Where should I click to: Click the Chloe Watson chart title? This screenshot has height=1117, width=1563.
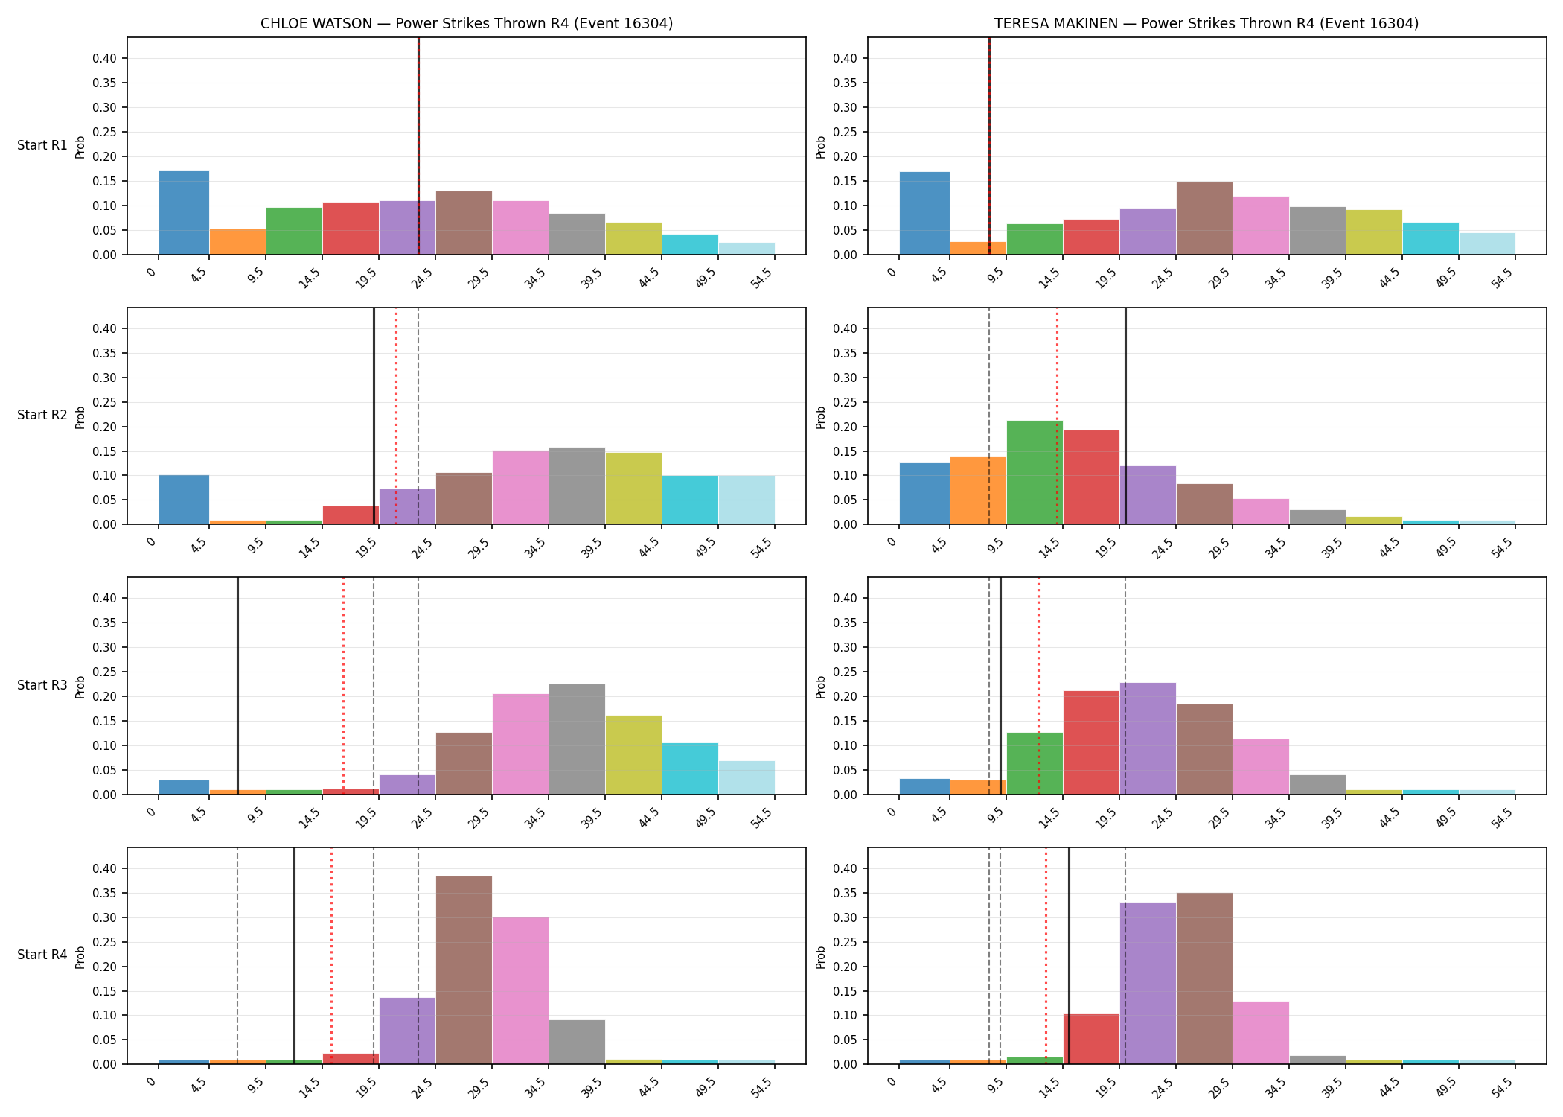click(467, 23)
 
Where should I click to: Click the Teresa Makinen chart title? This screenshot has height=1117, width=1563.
click(1206, 23)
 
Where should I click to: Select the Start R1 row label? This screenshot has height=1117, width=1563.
click(42, 145)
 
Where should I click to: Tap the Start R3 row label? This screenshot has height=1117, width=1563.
click(42, 685)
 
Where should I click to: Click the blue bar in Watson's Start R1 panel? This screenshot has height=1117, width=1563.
click(184, 212)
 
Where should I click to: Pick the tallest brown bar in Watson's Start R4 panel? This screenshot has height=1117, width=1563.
click(464, 970)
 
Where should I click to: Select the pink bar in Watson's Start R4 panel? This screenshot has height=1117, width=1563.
click(520, 990)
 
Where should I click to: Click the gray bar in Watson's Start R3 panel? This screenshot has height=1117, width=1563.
click(577, 739)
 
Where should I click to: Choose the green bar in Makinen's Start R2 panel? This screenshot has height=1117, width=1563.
click(1035, 472)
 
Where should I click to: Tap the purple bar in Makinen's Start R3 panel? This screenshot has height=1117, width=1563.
click(1148, 739)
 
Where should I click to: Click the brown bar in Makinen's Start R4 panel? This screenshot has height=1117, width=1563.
click(1204, 978)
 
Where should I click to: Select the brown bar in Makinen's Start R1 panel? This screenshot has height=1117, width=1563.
click(1204, 218)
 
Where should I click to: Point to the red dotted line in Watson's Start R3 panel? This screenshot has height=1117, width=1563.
click(343, 686)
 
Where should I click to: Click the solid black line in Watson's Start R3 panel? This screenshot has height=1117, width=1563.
click(237, 686)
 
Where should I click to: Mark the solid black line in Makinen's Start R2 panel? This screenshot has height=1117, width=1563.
click(1125, 416)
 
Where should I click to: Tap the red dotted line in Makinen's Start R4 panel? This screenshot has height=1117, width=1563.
click(1046, 955)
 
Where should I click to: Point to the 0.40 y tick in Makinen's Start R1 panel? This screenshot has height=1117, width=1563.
click(854, 58)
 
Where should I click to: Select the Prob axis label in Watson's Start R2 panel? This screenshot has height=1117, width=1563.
click(80, 417)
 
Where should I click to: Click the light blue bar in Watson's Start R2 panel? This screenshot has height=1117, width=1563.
click(747, 500)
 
